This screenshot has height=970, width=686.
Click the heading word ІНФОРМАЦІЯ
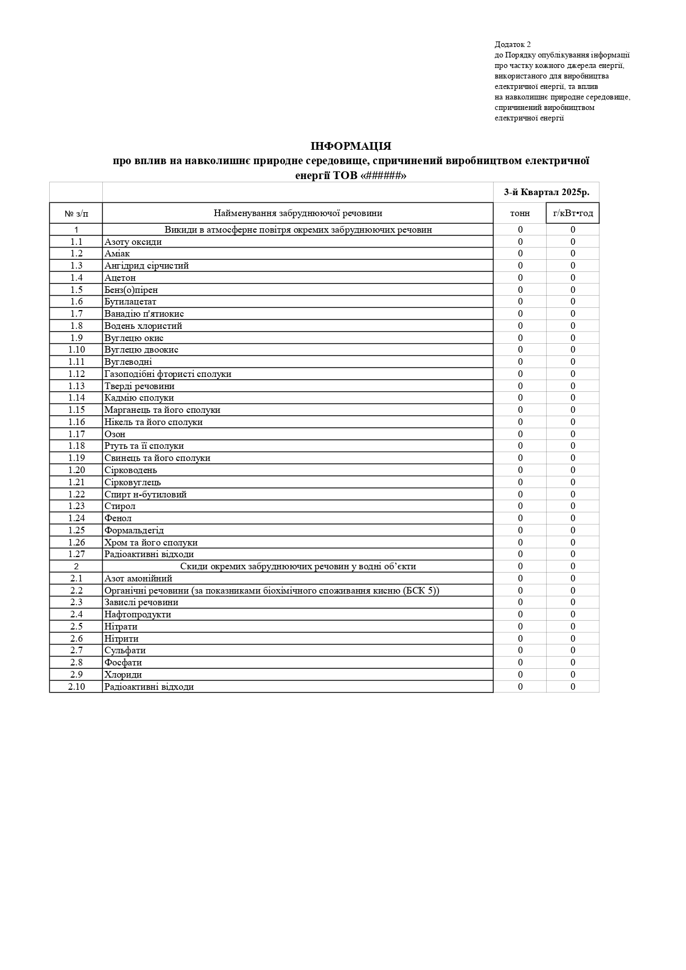coord(351,146)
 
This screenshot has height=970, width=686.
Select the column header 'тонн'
coord(520,213)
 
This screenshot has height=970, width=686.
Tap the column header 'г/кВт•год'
coord(573,213)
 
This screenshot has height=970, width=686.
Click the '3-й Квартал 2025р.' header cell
coord(546,192)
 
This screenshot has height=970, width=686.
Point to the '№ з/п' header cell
coord(76,213)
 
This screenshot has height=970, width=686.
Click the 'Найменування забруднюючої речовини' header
coord(298,213)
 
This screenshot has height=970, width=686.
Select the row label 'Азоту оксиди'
coord(133,242)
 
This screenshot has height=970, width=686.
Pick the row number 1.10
coord(76,350)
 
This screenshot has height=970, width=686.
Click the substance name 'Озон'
coord(115,434)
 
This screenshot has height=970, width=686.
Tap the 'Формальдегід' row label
coord(134,531)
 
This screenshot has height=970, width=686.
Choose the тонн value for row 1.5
coord(520,290)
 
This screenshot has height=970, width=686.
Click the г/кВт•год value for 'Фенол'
coord(573,518)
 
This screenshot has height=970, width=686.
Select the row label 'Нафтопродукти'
coord(138,615)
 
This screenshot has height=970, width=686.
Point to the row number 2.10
coord(76,687)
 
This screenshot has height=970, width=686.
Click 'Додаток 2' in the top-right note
coord(512,45)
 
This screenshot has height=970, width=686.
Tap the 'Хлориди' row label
coord(123,675)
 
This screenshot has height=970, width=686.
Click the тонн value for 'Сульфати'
coord(520,651)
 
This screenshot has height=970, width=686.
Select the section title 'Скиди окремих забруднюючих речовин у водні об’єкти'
coord(298,567)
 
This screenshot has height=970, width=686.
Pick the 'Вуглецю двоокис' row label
coord(142,350)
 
